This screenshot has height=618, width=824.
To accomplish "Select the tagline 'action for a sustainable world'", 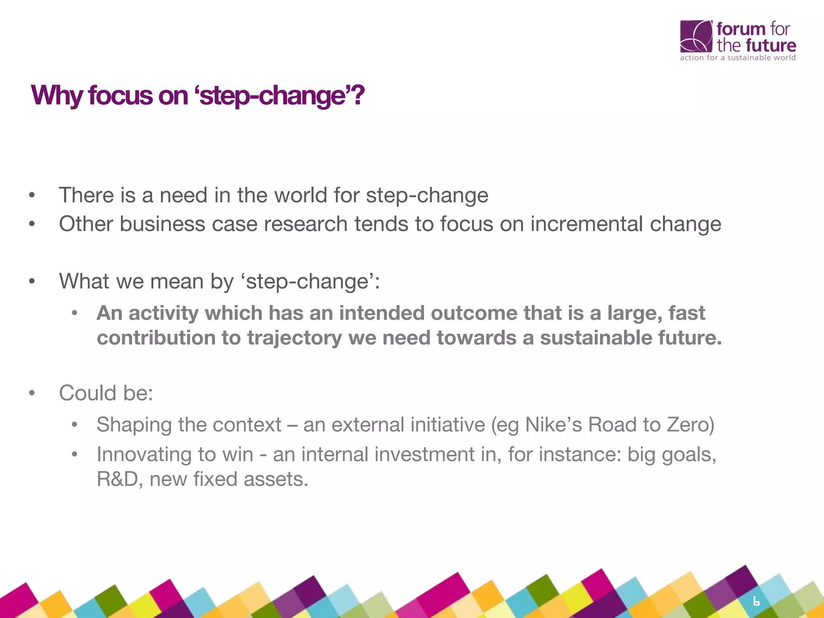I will tap(737, 58).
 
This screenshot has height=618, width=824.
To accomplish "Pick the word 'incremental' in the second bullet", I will tap(586, 224).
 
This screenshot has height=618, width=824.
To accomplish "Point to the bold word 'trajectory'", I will tap(294, 338).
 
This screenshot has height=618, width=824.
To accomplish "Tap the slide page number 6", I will tap(756, 602).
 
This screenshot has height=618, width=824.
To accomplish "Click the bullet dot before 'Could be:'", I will tap(32, 393).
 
